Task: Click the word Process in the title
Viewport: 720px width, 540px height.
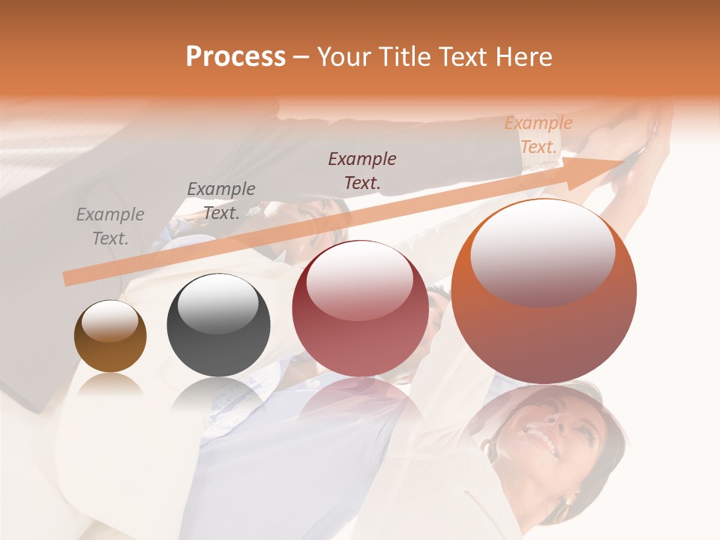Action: (x=235, y=57)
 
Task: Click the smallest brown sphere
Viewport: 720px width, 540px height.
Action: (x=110, y=337)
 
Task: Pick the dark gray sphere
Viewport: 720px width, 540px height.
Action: (x=218, y=325)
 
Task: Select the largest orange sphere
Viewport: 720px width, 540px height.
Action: (x=544, y=292)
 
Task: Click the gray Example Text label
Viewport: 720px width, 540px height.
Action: (x=110, y=226)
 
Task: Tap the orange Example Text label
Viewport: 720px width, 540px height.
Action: (x=538, y=135)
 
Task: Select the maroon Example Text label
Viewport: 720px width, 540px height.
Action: (x=362, y=170)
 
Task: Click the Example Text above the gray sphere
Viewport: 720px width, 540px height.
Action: (x=221, y=200)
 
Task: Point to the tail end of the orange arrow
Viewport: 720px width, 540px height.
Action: (x=67, y=279)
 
